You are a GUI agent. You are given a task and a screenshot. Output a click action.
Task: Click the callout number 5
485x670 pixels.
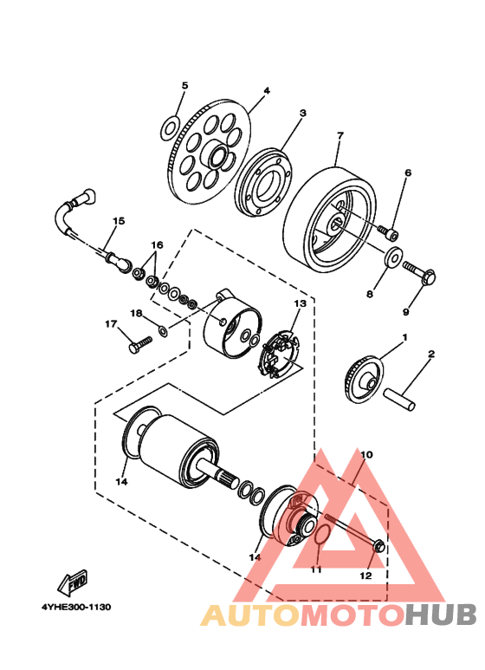click(184, 86)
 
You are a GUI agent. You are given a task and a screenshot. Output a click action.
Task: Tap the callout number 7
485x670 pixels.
click(339, 135)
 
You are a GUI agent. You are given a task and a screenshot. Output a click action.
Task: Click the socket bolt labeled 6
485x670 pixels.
click(388, 232)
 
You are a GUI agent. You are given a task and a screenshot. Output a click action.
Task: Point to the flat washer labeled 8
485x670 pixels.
click(393, 257)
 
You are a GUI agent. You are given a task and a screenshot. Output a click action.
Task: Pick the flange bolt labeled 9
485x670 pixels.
click(419, 273)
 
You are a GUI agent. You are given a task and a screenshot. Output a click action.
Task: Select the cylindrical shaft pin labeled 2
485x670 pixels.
click(399, 399)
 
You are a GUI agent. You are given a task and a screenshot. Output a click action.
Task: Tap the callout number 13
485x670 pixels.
click(301, 303)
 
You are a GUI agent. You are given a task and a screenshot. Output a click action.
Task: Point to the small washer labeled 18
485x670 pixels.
click(163, 330)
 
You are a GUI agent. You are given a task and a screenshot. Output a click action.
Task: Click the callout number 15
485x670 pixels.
click(119, 221)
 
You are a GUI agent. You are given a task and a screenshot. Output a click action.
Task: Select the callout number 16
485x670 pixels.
click(157, 244)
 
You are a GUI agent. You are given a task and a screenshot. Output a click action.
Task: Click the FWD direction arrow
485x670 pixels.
click(73, 582)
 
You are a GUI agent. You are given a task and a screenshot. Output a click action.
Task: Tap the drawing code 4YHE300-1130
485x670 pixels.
click(76, 607)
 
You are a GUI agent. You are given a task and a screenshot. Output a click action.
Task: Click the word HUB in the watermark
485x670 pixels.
click(441, 615)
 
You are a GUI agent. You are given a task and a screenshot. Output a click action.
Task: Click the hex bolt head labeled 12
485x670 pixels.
click(378, 546)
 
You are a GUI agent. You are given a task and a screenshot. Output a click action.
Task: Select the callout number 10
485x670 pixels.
click(366, 454)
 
